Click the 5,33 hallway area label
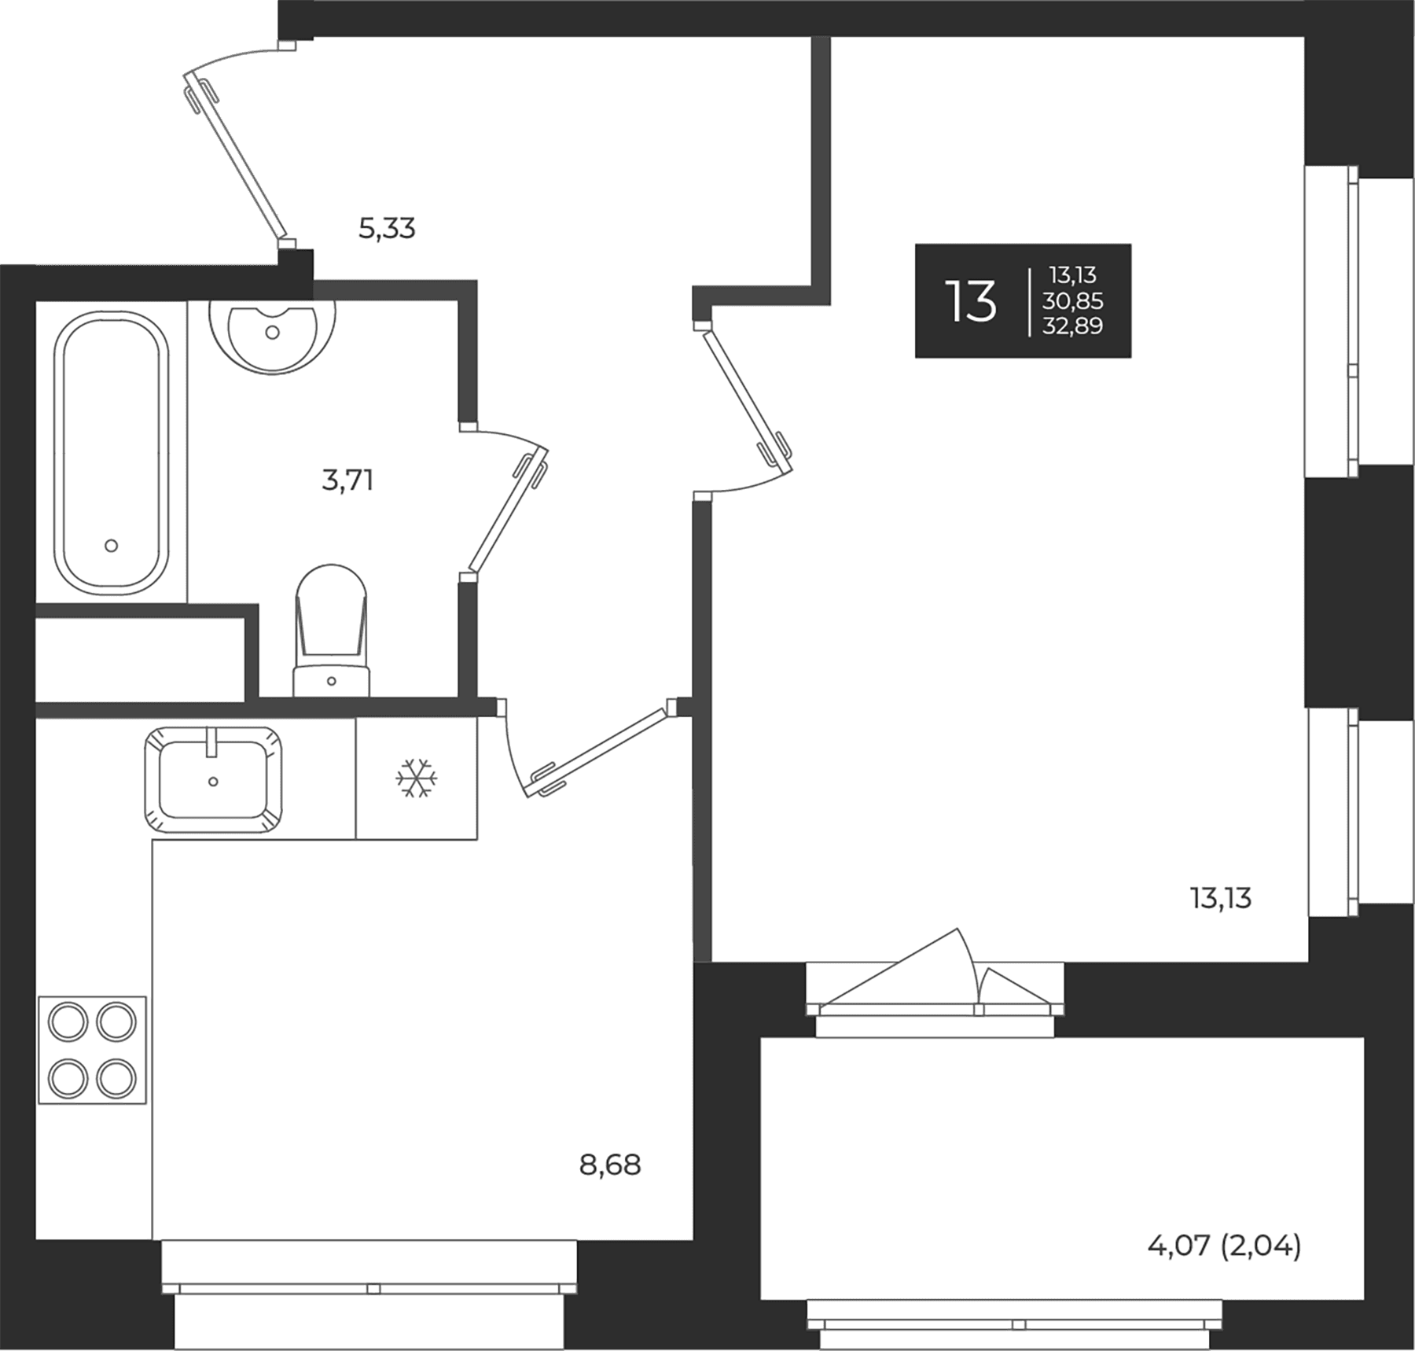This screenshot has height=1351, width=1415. pyautogui.click(x=387, y=229)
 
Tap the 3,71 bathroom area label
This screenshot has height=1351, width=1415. pyautogui.click(x=347, y=480)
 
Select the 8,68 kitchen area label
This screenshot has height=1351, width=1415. pyautogui.click(x=610, y=1165)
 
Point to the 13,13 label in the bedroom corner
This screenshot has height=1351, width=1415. pyautogui.click(x=1221, y=898)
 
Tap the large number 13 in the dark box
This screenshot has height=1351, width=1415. pyautogui.click(x=972, y=301)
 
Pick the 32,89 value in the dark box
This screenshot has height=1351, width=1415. pyautogui.click(x=1073, y=326)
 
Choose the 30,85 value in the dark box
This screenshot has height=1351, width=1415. pyautogui.click(x=1073, y=300)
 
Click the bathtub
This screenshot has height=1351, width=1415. pyautogui.click(x=111, y=453)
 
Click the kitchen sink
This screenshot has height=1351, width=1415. pyautogui.click(x=213, y=779)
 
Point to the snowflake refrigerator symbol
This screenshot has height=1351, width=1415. pyautogui.click(x=417, y=778)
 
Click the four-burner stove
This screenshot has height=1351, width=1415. pyautogui.click(x=92, y=1050)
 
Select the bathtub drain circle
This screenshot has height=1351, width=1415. pyautogui.click(x=111, y=545)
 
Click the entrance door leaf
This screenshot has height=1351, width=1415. pyautogui.click(x=234, y=155)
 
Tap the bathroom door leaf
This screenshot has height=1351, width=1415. pyautogui.click(x=508, y=509)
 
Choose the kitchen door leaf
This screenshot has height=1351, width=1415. pyautogui.click(x=597, y=750)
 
